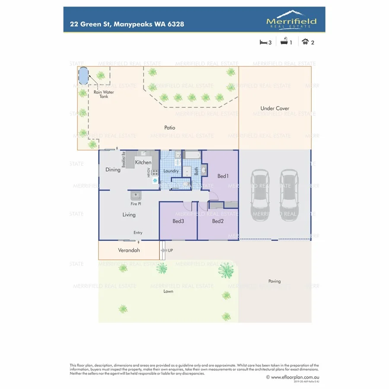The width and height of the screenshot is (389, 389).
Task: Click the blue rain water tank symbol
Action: (83, 76)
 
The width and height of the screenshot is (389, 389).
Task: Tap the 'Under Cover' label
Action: (274, 108)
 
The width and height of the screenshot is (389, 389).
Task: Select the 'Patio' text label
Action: (169, 128)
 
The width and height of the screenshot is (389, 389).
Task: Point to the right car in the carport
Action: (288, 195)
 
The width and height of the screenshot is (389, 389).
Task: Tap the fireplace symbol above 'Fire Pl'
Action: (135, 195)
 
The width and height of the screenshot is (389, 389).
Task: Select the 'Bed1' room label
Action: (223, 176)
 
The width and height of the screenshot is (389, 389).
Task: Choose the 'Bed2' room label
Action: (217, 221)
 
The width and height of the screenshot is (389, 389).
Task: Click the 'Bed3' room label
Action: (178, 221)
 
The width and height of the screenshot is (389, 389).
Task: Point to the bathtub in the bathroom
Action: (192, 155)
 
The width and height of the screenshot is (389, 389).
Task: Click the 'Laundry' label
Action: (171, 171)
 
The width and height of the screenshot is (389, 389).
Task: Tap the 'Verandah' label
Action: (129, 250)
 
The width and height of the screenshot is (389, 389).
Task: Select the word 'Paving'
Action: (274, 281)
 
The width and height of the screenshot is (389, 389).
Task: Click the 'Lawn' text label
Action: (168, 291)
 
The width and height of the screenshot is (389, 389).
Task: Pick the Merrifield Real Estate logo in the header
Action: (291, 20)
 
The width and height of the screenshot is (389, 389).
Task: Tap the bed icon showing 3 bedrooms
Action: (263, 42)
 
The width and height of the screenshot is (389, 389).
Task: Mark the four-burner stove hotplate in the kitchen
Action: (154, 172)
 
